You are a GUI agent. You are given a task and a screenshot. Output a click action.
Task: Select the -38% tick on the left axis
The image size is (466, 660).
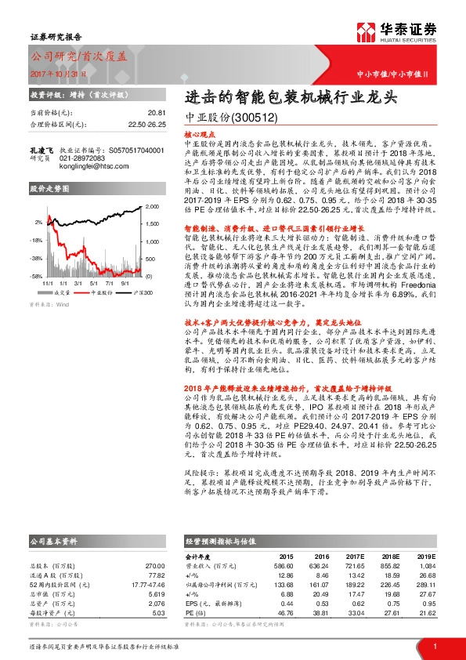[36, 257]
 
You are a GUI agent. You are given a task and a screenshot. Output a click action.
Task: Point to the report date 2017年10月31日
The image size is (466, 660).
[51, 73]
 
